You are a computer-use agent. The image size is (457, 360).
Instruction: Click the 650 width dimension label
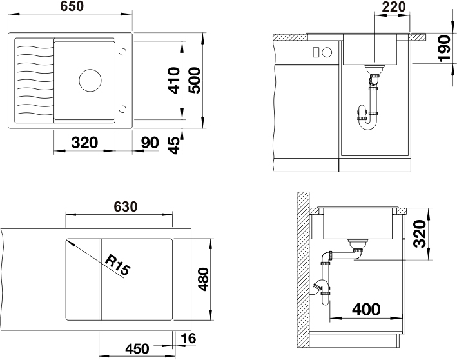coord(72,6)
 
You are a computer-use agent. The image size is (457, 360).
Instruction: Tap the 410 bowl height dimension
coord(174,81)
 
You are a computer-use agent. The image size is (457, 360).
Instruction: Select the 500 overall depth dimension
coord(195,81)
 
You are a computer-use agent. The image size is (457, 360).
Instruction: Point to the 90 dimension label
coord(150,143)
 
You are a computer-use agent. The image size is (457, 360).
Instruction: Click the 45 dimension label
coord(174,145)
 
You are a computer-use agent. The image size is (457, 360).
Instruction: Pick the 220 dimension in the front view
coord(393,6)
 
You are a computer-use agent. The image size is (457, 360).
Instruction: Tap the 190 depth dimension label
coord(444,49)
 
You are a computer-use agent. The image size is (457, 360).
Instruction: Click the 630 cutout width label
coord(125,206)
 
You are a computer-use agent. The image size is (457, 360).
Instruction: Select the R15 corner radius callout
coord(117,265)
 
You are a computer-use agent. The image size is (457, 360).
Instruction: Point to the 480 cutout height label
coord(204,279)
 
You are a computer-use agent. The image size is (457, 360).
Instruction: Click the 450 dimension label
coord(137,348)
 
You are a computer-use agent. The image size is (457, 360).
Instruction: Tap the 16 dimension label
coord(188,339)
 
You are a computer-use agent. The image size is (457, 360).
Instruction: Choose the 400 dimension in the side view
coord(366,309)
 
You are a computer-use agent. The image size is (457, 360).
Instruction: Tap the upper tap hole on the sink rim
coord(123,52)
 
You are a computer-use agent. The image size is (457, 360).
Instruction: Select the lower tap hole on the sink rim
coord(123,109)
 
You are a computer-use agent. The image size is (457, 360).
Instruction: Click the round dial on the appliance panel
coord(327,52)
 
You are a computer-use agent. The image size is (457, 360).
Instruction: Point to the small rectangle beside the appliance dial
coord(315,52)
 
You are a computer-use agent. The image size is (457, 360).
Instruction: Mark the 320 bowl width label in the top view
coord(84,143)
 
